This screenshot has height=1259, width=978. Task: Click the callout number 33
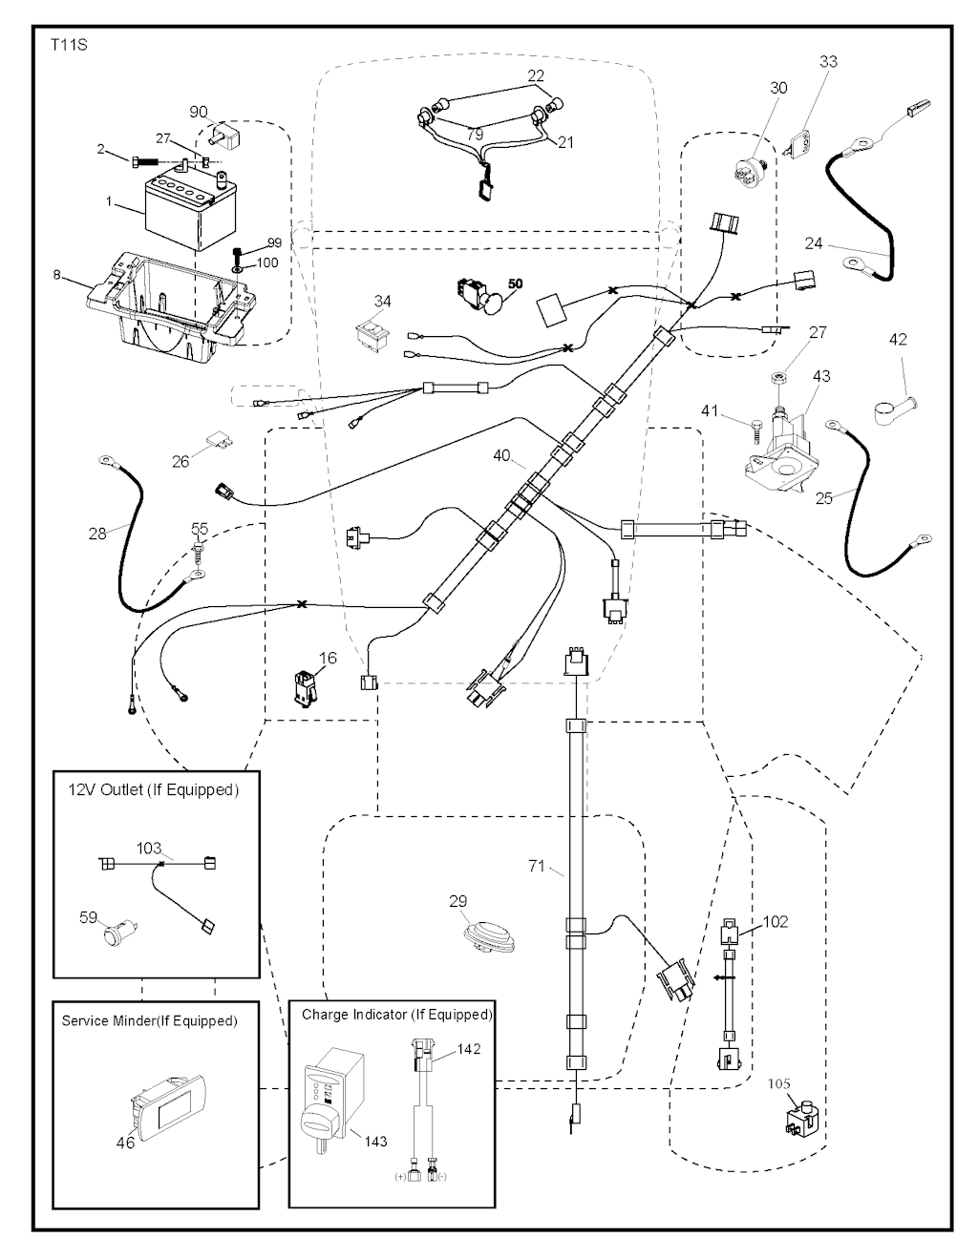click(x=828, y=62)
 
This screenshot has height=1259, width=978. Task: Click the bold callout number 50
click(x=515, y=284)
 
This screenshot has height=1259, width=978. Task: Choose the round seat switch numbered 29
click(x=492, y=934)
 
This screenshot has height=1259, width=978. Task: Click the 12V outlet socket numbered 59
click(x=121, y=929)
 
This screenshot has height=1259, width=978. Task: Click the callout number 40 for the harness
click(x=502, y=456)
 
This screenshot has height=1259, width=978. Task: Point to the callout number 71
click(x=536, y=866)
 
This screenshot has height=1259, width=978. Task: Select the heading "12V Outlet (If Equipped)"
click(x=153, y=790)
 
